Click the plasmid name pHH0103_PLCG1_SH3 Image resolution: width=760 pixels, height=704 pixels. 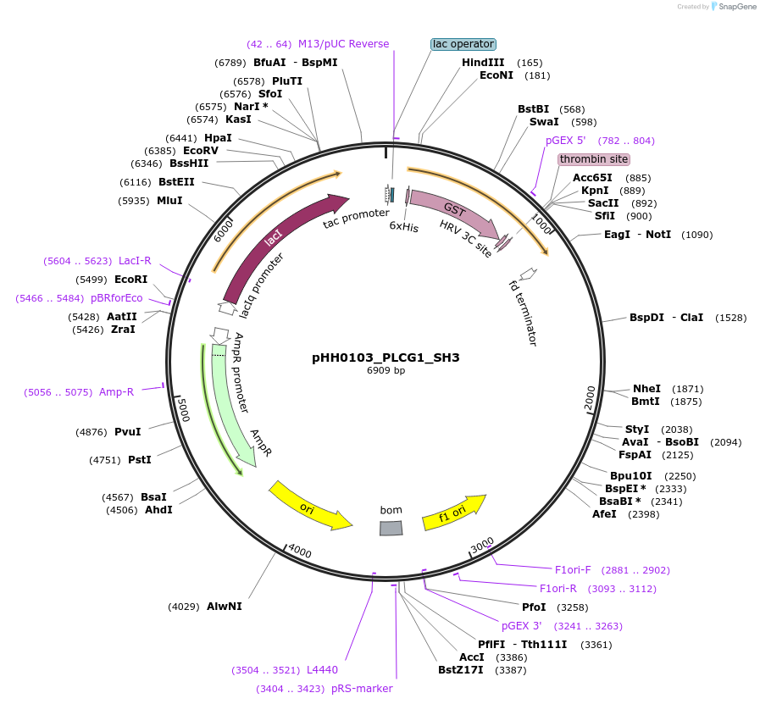point(386,358)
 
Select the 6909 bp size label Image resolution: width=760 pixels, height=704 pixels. point(386,370)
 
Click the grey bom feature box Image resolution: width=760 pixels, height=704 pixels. point(391,528)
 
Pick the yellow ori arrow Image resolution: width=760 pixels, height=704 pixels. point(309,507)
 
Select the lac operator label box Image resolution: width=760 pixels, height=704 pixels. point(463,44)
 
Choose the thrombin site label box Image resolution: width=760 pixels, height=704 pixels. point(594,159)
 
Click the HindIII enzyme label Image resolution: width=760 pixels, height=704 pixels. point(483,63)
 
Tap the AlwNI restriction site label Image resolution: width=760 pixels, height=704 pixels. point(224,607)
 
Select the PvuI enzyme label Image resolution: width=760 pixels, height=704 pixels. point(127,432)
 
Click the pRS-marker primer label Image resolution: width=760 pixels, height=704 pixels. point(362,689)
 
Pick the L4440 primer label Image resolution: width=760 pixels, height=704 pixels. point(322,670)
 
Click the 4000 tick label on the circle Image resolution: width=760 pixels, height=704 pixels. point(300,552)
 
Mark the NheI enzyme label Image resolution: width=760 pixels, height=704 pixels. point(646,389)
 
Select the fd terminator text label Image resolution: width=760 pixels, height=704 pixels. point(523,313)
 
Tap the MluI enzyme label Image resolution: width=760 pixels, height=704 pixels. point(169,201)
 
